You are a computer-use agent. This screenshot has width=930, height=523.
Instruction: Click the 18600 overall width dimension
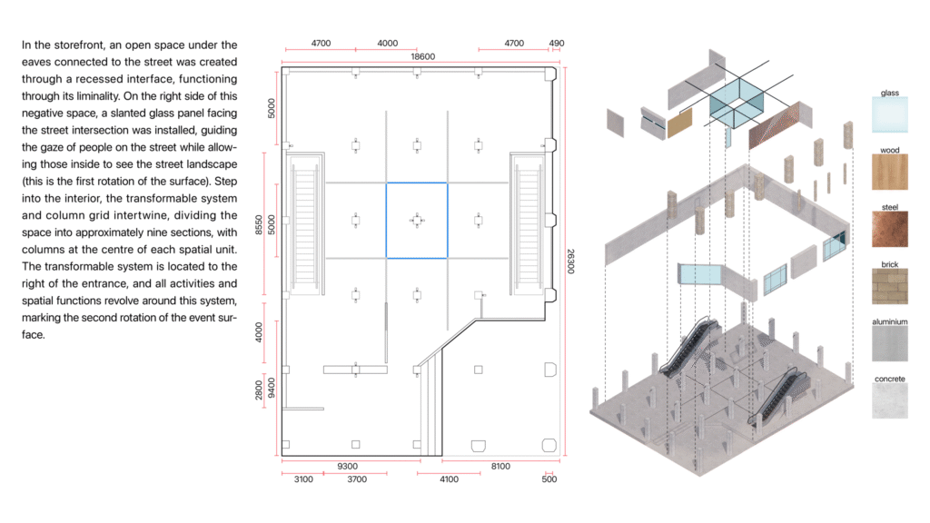[422, 56]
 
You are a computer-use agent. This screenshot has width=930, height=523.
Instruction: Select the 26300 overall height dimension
[570, 261]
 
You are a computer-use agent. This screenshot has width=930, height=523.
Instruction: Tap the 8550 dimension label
[259, 225]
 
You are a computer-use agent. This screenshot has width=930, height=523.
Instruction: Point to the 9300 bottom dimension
[347, 466]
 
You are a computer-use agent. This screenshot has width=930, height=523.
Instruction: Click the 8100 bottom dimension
[500, 466]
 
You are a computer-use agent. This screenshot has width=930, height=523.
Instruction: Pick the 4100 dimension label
[449, 479]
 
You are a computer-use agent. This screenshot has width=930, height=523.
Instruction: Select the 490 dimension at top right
[557, 44]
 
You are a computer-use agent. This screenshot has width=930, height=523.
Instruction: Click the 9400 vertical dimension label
[272, 388]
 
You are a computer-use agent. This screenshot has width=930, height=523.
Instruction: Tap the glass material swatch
[890, 115]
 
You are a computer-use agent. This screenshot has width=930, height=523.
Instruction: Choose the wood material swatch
[890, 172]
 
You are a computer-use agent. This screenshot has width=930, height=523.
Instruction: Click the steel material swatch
[890, 229]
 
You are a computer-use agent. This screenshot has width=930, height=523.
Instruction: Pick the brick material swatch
[890, 286]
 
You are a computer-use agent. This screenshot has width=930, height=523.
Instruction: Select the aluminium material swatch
[890, 343]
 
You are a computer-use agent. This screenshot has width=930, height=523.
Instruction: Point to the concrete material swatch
[890, 400]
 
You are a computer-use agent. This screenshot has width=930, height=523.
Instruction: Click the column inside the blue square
[417, 221]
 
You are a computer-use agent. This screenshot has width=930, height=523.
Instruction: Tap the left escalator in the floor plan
[305, 224]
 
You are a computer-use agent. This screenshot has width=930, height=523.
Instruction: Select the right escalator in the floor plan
[528, 224]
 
